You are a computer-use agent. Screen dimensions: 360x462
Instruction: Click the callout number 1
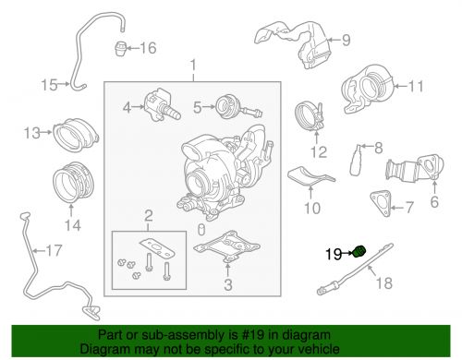(x=193, y=66)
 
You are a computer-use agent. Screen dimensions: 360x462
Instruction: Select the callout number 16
(x=148, y=47)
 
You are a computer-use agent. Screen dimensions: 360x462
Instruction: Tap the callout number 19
(x=333, y=251)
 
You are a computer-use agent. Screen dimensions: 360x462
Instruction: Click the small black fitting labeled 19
(x=359, y=250)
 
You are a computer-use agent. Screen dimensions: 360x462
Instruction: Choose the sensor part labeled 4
(x=157, y=107)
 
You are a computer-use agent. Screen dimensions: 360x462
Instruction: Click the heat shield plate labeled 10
(x=312, y=181)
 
